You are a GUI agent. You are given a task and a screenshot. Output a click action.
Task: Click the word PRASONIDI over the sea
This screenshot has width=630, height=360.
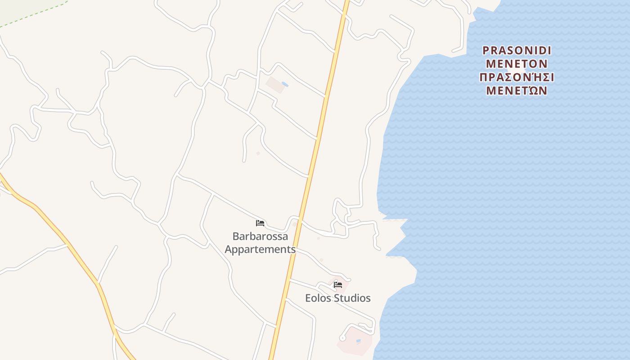(x=517, y=50)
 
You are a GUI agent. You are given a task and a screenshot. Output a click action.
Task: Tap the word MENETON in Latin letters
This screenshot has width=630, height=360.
(x=517, y=63)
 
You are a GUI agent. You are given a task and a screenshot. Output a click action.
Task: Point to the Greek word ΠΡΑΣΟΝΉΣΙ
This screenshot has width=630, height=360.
(x=517, y=77)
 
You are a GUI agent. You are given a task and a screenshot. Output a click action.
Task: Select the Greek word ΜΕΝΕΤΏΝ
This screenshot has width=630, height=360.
(x=517, y=91)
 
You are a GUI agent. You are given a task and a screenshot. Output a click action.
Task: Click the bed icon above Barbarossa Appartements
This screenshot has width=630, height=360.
(x=260, y=223)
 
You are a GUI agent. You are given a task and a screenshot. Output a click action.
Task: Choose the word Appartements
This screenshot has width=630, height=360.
(x=260, y=249)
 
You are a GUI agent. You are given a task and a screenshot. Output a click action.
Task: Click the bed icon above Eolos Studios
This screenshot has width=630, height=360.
(x=338, y=284)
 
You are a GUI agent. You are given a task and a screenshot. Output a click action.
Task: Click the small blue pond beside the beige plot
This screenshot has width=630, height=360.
(x=284, y=84)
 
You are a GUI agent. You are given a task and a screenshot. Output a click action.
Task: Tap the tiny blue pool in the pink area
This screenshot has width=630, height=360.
(x=359, y=341)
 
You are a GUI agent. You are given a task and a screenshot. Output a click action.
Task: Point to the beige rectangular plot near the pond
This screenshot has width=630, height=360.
(x=275, y=85)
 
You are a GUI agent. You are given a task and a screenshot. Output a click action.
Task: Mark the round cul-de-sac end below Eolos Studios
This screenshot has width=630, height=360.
(x=342, y=338)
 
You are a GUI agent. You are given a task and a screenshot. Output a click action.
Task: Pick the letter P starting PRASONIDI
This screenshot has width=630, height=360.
(x=486, y=50)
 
